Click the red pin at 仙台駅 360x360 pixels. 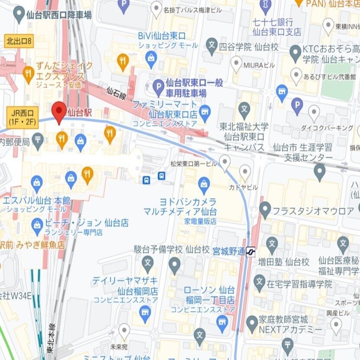pos(59,112)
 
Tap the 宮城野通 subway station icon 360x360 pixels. pos(251,251)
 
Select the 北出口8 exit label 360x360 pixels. pos(18,42)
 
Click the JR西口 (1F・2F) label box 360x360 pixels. pos(22,116)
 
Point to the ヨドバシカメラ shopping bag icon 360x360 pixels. pos(204,184)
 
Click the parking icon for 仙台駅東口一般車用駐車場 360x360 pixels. pos(158,87)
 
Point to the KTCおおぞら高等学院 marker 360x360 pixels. pos(296,52)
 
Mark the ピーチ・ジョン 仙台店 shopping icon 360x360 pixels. pos(37,224)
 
